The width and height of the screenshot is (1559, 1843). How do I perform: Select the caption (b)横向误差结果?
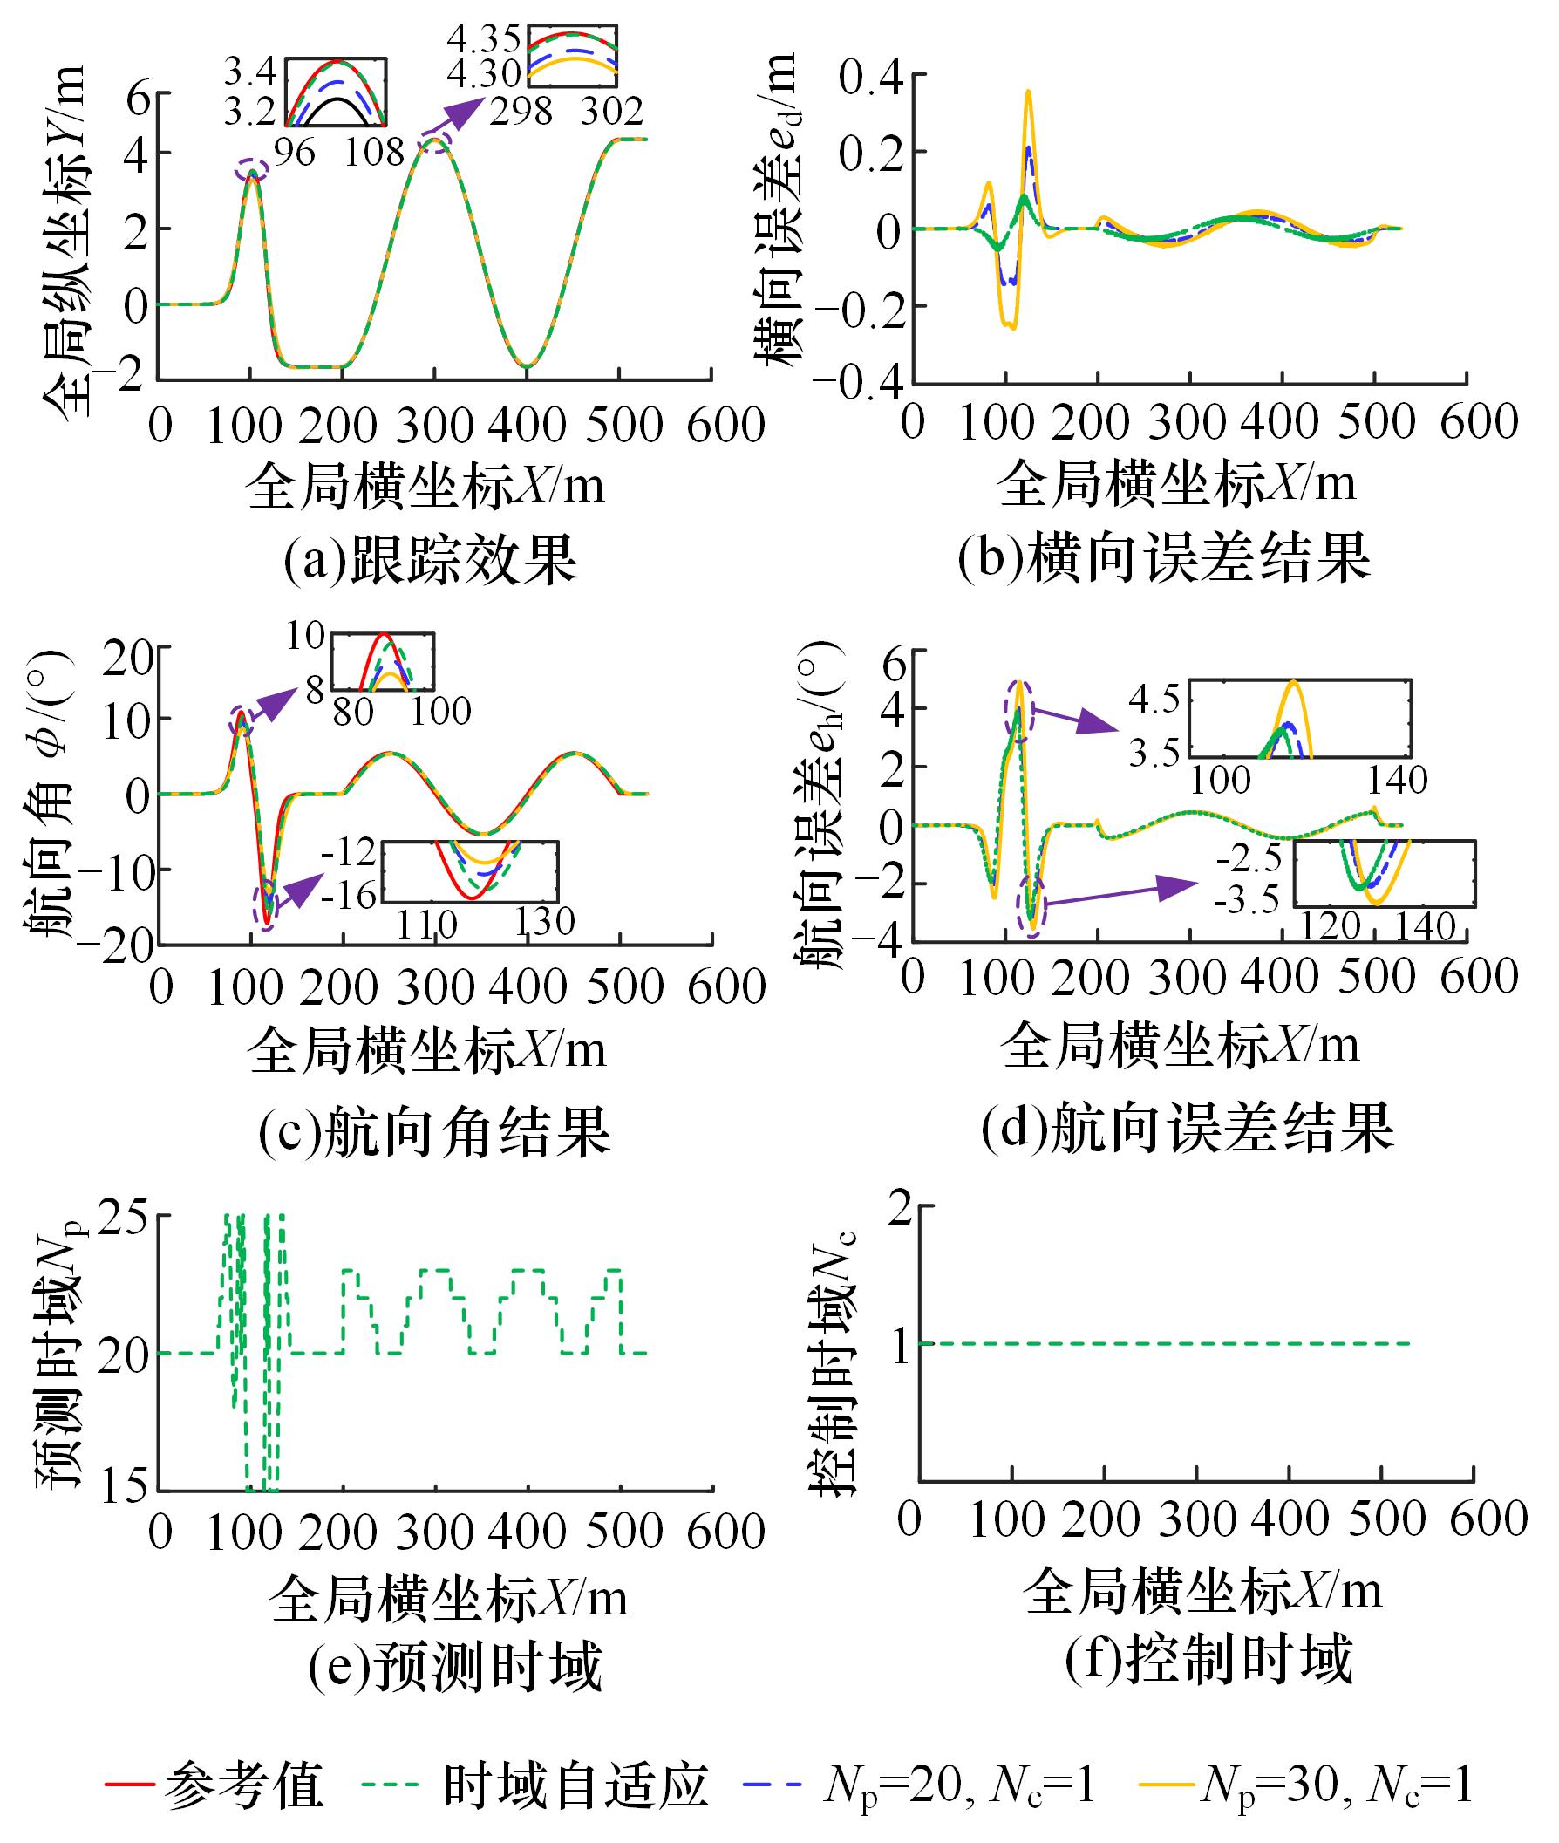1164,557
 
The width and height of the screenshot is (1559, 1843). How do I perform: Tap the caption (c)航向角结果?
434,1132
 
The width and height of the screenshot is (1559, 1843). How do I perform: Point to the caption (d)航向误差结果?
1188,1129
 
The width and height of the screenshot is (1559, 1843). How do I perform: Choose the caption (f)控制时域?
1208,1658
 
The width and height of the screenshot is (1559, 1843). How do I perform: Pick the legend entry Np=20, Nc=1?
959,1785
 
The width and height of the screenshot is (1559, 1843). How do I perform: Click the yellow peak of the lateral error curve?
1029,91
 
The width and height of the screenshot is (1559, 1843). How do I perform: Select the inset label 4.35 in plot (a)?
484,40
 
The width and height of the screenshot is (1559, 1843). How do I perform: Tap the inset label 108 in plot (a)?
375,153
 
